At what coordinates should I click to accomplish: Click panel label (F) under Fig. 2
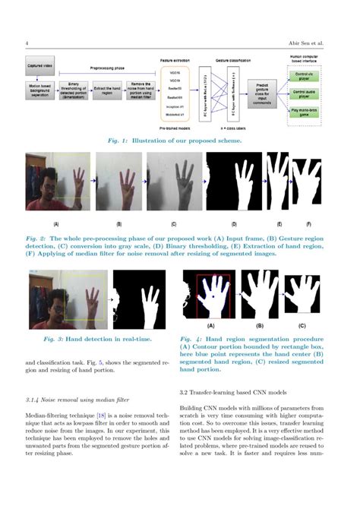click(308, 224)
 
